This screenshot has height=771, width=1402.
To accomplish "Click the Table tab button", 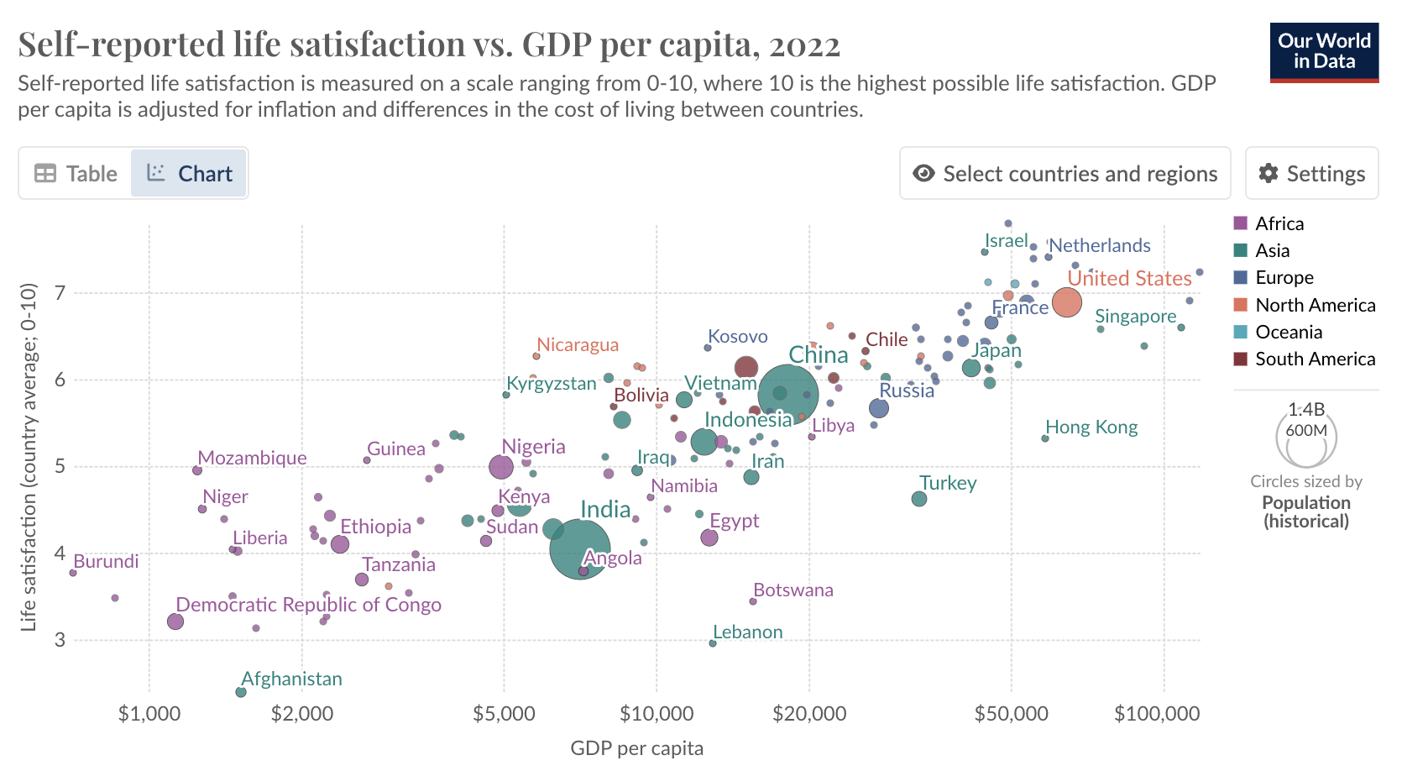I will tap(76, 174).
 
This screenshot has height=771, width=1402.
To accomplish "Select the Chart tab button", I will tap(189, 174).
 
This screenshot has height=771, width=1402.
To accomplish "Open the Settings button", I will tap(1311, 174).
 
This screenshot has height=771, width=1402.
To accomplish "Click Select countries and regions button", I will tap(1065, 174).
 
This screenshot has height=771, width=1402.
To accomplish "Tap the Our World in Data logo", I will tap(1324, 52).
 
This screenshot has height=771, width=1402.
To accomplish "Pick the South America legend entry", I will tap(1315, 359).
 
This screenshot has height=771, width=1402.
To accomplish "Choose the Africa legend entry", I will tap(1279, 223).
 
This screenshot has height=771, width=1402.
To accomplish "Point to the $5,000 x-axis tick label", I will tap(504, 714).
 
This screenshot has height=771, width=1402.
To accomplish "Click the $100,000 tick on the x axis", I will tap(1157, 714).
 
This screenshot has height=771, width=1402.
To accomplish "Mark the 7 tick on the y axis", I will tap(60, 293).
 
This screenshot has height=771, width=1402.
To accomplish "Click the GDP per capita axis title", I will tap(636, 748).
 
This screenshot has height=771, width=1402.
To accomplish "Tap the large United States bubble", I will tap(1066, 302).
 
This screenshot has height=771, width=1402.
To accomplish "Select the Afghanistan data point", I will tap(241, 692).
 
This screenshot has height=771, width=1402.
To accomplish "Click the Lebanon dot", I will tap(713, 643).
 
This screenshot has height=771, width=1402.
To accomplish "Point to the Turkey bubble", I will tap(919, 499).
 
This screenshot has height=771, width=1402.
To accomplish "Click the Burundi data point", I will tap(73, 573).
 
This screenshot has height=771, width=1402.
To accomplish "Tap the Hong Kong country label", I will tap(1091, 427).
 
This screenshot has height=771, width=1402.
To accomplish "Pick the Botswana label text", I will tap(793, 590).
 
